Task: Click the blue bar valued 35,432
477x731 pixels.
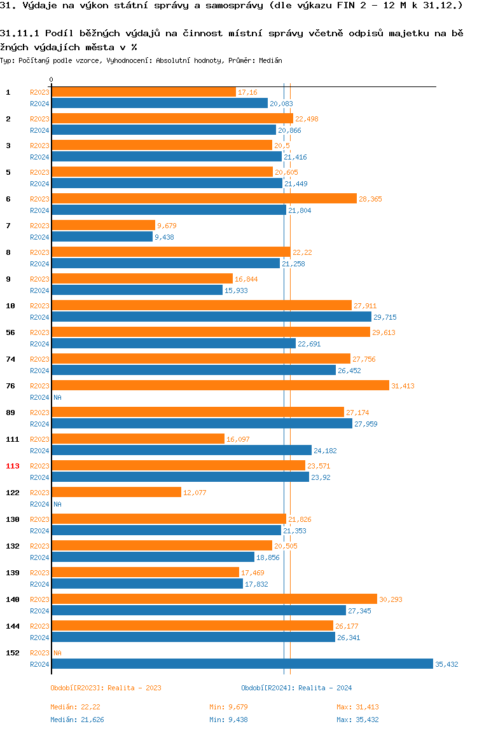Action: [x=242, y=664]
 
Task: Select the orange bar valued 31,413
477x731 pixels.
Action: [x=220, y=385]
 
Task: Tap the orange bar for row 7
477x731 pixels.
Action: [x=103, y=225]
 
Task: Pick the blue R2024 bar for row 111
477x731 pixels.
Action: [x=181, y=450]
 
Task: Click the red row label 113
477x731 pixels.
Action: [x=13, y=466]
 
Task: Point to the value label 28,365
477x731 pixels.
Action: [x=371, y=199]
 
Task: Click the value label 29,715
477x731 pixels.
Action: [x=385, y=317]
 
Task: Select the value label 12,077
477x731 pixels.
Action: [x=195, y=493]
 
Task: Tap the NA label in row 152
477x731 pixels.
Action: [x=57, y=653]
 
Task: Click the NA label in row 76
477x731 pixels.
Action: [x=57, y=397]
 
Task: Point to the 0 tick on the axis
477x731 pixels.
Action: [x=52, y=79]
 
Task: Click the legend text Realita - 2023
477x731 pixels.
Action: [x=135, y=688]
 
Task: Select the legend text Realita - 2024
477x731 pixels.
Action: [x=326, y=688]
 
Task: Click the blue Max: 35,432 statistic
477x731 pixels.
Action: [x=357, y=720]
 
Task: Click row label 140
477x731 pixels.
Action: [x=13, y=599]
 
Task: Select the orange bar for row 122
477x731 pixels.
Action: [x=116, y=492]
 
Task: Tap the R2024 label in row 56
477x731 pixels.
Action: [x=39, y=344]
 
